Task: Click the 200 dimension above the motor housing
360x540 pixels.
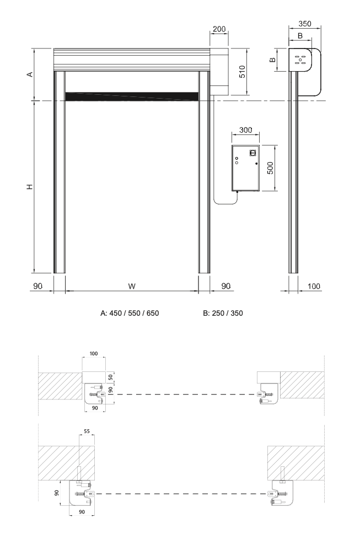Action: tap(219, 29)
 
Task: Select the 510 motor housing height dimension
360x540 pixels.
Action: tap(242, 72)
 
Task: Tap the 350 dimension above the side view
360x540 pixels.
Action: tap(304, 24)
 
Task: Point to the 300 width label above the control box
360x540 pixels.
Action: tap(246, 130)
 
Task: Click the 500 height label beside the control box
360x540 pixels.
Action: tap(271, 168)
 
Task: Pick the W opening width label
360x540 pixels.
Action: tap(132, 286)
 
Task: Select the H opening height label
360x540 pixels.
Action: tap(30, 187)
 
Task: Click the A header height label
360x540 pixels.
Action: tap(30, 74)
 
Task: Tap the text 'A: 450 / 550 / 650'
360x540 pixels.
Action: tap(130, 313)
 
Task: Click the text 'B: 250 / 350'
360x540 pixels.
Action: tap(223, 313)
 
